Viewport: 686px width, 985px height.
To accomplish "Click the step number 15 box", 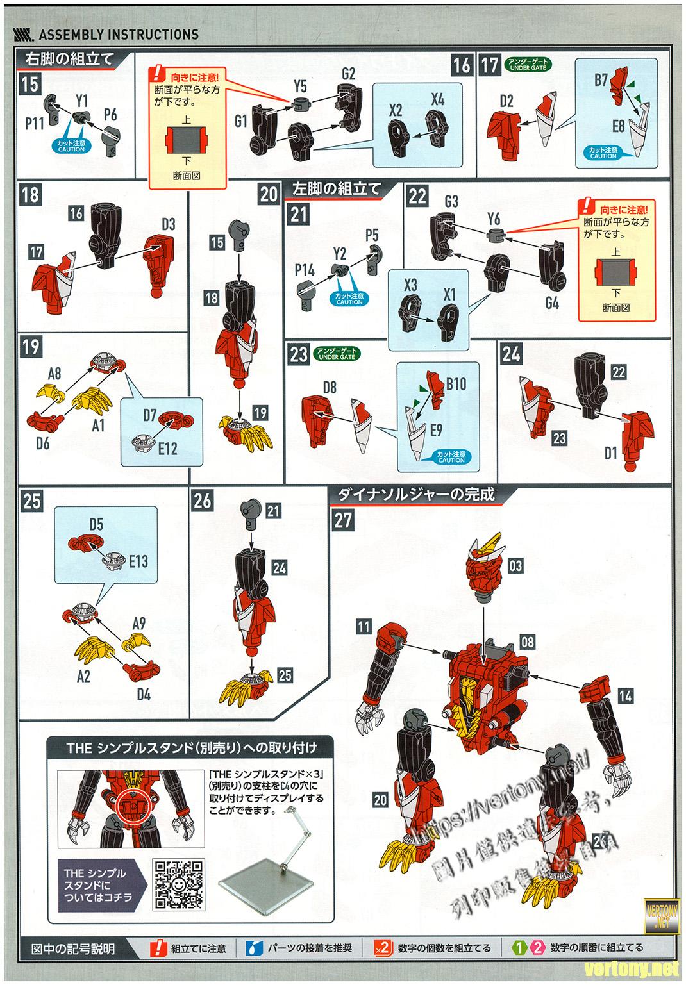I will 30,83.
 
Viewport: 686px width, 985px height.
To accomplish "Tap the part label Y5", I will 300,85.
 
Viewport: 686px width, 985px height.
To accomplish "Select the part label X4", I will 438,99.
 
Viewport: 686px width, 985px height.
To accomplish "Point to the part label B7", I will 601,80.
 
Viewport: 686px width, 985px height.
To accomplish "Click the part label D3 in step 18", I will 169,224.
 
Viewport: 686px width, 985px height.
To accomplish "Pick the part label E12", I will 168,449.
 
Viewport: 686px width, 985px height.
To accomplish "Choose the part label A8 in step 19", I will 54,373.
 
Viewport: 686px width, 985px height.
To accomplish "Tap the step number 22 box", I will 417,196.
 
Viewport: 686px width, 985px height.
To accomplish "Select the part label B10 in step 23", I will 456,383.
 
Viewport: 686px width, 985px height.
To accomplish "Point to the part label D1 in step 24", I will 610,454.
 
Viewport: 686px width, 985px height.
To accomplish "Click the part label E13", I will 138,561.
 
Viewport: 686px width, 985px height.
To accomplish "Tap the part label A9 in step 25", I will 139,623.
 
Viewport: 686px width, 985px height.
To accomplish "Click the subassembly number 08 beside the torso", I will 527,640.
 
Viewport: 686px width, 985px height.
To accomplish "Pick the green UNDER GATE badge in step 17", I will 528,64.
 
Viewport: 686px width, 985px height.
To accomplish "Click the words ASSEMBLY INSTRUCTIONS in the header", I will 119,34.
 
